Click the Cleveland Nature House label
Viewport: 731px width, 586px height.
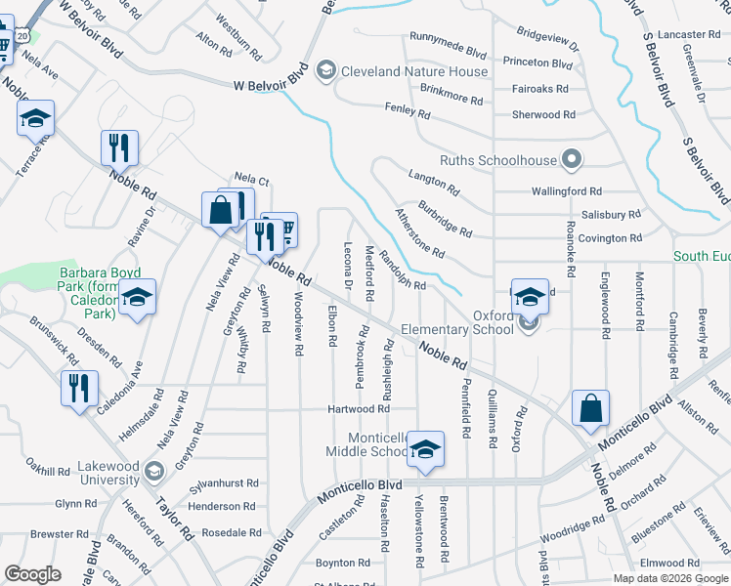(413, 71)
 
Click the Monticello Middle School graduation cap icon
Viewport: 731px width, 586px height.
(425, 450)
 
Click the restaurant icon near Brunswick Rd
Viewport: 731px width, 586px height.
(79, 387)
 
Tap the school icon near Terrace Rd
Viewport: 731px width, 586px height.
(36, 118)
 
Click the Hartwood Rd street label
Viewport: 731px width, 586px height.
(359, 408)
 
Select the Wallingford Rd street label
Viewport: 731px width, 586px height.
(567, 192)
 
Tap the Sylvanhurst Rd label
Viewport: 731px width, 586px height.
(225, 482)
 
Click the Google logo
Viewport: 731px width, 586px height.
(32, 574)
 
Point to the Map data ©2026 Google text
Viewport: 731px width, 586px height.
(670, 578)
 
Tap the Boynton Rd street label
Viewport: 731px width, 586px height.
(342, 563)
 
